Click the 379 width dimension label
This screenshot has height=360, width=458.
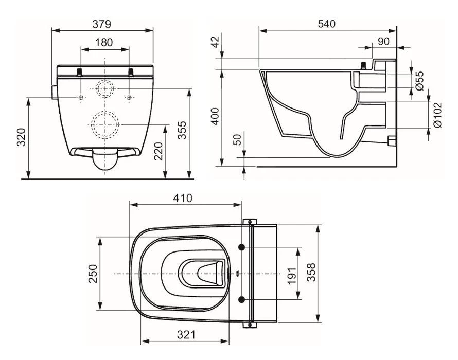tap(102, 24)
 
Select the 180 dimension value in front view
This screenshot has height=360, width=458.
tap(105, 43)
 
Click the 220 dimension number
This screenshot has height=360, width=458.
tap(158, 151)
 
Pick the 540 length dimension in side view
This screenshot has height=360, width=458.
tap(327, 24)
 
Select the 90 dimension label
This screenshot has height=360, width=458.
tap(383, 42)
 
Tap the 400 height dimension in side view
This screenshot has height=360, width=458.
tap(216, 117)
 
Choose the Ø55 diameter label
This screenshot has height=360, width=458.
tap(419, 81)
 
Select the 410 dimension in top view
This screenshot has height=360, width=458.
tap(183, 198)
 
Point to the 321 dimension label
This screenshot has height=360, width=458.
tap(186, 335)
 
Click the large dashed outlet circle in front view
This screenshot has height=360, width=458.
tap(105, 123)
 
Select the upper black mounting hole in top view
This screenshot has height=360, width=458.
tap(241, 248)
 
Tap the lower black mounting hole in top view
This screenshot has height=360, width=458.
tap(241, 299)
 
